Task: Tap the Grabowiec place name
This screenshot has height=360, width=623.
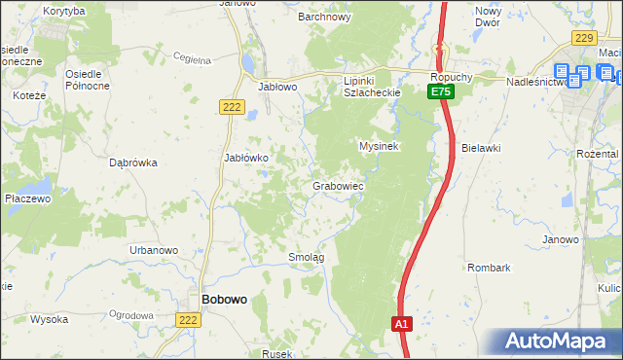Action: coord(338,185)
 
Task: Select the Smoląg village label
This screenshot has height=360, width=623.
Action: coord(306,257)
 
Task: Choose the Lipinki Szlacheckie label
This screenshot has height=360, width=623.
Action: coord(373,86)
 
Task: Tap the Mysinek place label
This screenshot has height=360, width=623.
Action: coord(380,146)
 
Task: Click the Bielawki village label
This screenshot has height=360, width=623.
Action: coord(481,148)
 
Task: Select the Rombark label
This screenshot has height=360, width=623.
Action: coord(489,267)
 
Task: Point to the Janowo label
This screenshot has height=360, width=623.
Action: coord(561,239)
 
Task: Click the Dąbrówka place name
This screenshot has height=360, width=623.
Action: coord(134,163)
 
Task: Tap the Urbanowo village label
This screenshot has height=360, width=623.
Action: coord(154,250)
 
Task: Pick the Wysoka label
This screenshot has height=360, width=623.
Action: coord(49,318)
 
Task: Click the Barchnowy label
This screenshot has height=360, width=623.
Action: coord(324,17)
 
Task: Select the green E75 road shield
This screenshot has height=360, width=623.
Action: coord(441,90)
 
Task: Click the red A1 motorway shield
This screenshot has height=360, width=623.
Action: coord(402,324)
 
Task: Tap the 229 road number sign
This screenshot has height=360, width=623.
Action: coord(584,37)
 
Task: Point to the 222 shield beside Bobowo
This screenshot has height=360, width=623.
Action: coord(189,319)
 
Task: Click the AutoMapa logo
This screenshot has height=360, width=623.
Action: coord(554,341)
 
